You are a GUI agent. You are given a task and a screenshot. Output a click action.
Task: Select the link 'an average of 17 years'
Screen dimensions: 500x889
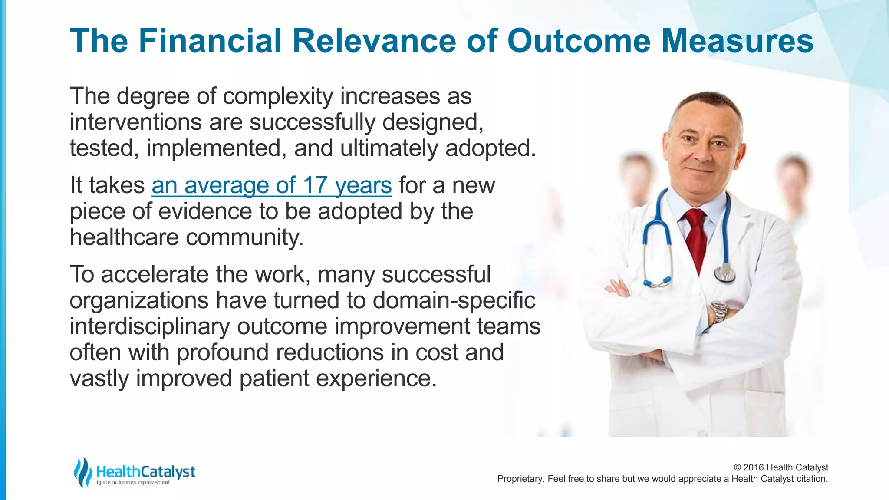click(271, 186)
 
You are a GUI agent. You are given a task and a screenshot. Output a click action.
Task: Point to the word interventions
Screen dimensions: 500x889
click(135, 122)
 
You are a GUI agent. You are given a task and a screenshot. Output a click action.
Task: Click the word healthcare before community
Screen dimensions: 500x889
click(124, 238)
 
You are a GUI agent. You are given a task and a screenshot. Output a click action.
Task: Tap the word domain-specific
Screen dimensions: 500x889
click(454, 301)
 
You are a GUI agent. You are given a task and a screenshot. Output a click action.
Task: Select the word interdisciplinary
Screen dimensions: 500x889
click(150, 327)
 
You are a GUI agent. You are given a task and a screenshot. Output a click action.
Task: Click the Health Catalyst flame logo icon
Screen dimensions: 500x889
click(82, 472)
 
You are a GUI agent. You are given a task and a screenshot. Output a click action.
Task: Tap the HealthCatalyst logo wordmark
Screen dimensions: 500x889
click(146, 472)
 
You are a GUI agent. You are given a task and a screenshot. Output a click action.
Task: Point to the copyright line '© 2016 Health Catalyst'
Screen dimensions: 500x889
click(780, 467)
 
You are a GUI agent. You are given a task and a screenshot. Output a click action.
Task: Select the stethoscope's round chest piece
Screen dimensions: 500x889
click(724, 273)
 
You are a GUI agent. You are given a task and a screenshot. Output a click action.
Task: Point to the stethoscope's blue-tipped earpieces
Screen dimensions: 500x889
click(658, 282)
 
